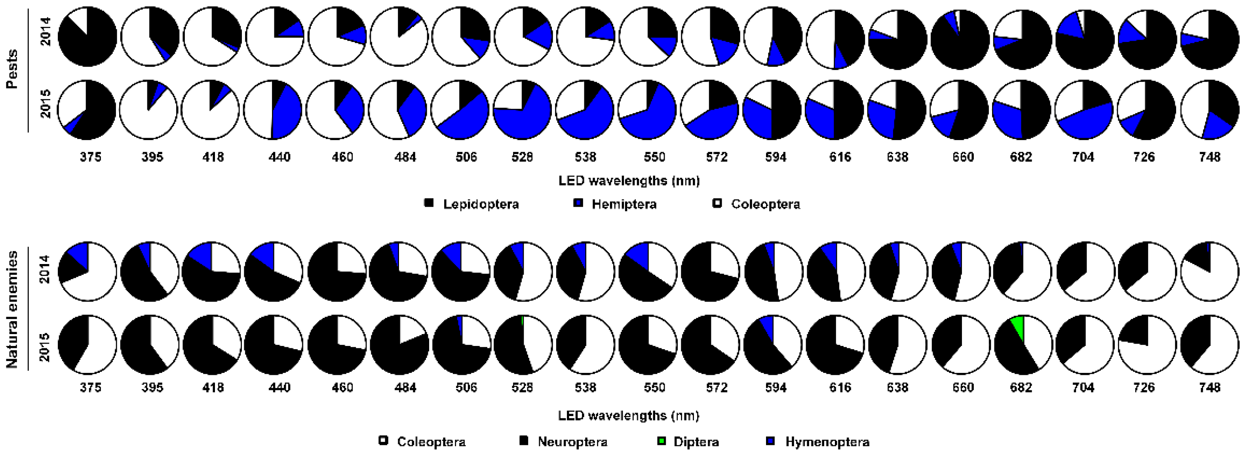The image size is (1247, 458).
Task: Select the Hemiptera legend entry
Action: coord(614,204)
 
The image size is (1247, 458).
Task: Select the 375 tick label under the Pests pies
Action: coord(91,157)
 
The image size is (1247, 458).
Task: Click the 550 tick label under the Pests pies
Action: coord(654,157)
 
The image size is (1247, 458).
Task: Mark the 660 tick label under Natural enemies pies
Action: coord(963,387)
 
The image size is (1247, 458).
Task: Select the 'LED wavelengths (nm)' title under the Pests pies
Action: coord(629,181)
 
